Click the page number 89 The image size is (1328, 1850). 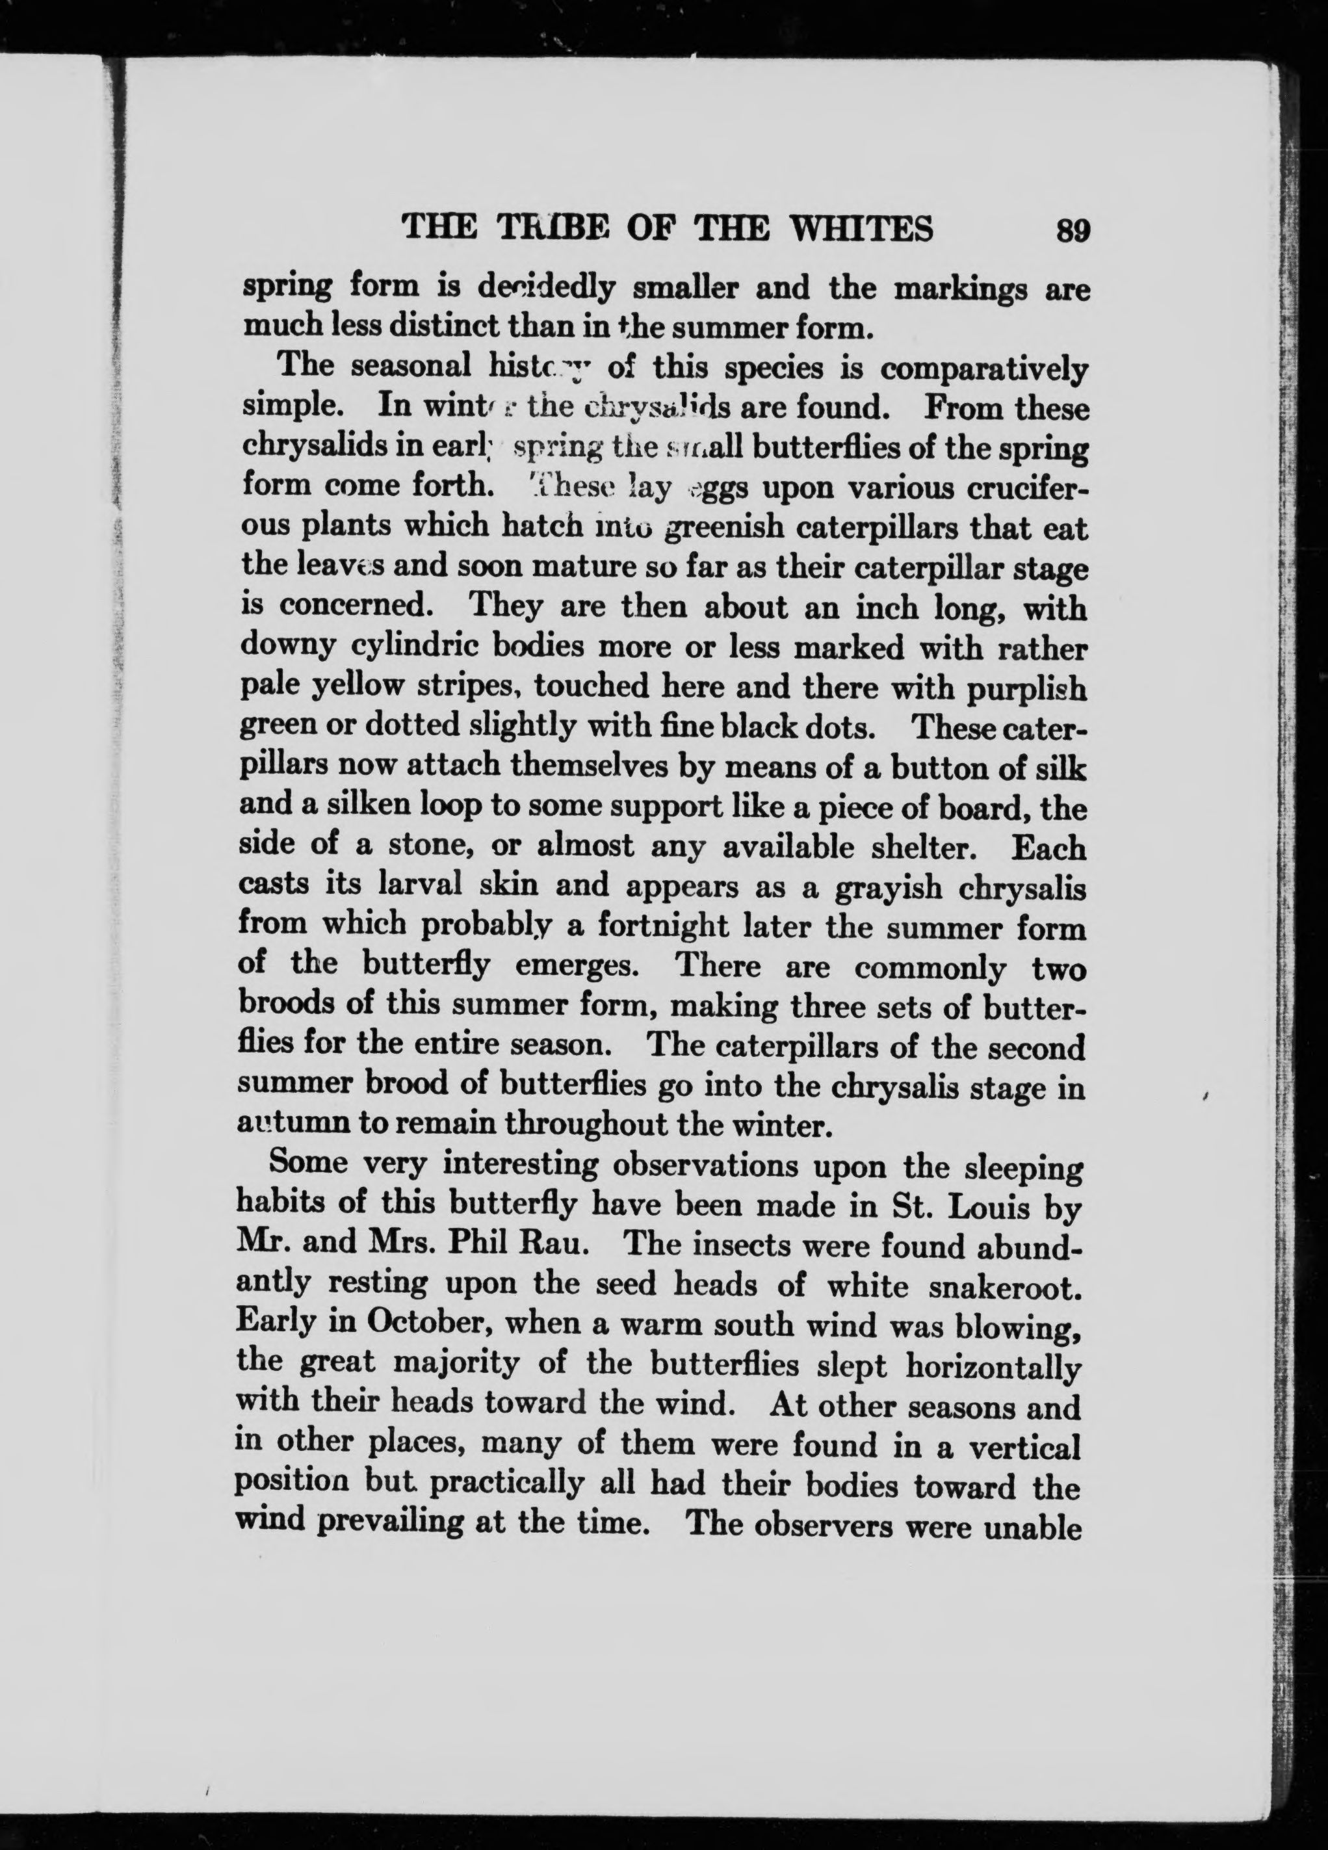click(x=1072, y=231)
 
